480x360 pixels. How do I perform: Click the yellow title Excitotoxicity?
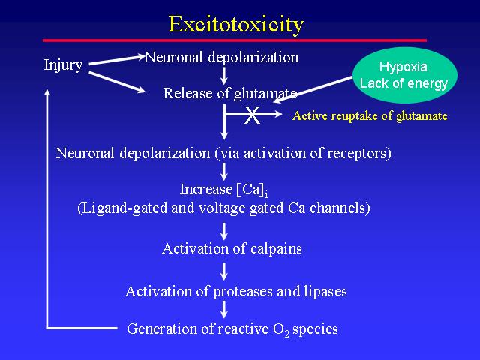coord(236,25)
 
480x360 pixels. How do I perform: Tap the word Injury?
coord(63,65)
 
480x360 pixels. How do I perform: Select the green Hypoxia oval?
coord(405,75)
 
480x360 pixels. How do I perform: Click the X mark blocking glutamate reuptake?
coord(252,115)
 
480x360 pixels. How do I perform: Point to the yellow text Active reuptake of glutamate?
coord(370,115)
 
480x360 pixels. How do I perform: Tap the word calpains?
coord(276,248)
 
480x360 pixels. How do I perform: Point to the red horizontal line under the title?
coord(235,40)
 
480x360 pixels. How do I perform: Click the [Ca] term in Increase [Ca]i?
coord(250,190)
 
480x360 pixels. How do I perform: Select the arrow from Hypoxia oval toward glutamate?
coord(313,89)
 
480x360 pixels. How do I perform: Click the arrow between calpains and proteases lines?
coord(224,271)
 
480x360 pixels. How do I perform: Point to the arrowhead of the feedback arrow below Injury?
coord(47,91)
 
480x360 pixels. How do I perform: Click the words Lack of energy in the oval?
coord(403,83)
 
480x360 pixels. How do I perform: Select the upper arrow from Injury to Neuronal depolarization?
coord(117,60)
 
